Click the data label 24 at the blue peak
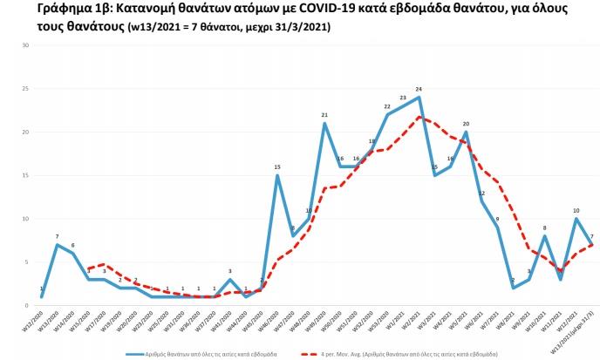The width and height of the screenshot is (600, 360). [x=419, y=90]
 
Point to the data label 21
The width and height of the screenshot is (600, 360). [x=324, y=115]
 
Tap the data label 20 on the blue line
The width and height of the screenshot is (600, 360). [x=467, y=124]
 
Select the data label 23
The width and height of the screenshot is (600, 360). [x=403, y=98]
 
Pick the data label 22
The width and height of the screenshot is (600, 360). [x=387, y=106]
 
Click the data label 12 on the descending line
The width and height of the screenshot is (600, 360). [x=481, y=193]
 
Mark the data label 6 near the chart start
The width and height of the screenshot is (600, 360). [x=72, y=245]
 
